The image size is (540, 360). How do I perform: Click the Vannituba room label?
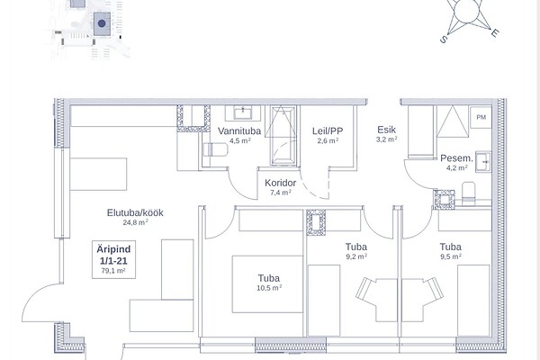239,130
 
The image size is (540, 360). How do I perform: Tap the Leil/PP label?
328,130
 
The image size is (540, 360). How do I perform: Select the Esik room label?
386,130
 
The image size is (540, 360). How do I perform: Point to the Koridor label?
280,183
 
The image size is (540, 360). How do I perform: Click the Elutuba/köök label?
135,212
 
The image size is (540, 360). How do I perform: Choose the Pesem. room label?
456,158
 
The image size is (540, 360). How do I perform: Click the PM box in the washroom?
481,117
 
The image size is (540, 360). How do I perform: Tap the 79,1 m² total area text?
113,271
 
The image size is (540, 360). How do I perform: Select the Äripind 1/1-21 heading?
113,255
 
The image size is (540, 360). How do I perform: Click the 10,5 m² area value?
269,288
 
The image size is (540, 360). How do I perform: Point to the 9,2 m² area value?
356,256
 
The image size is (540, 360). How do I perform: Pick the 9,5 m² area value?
451,256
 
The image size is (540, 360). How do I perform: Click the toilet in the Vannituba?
216,150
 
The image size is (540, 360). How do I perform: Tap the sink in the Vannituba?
243,112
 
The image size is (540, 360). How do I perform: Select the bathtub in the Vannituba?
283,136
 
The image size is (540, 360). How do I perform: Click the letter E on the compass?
495,33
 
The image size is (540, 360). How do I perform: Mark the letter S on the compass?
443,40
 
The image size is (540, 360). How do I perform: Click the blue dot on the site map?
102,23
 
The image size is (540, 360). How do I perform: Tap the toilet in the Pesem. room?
468,193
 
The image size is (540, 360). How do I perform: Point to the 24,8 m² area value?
135,222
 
